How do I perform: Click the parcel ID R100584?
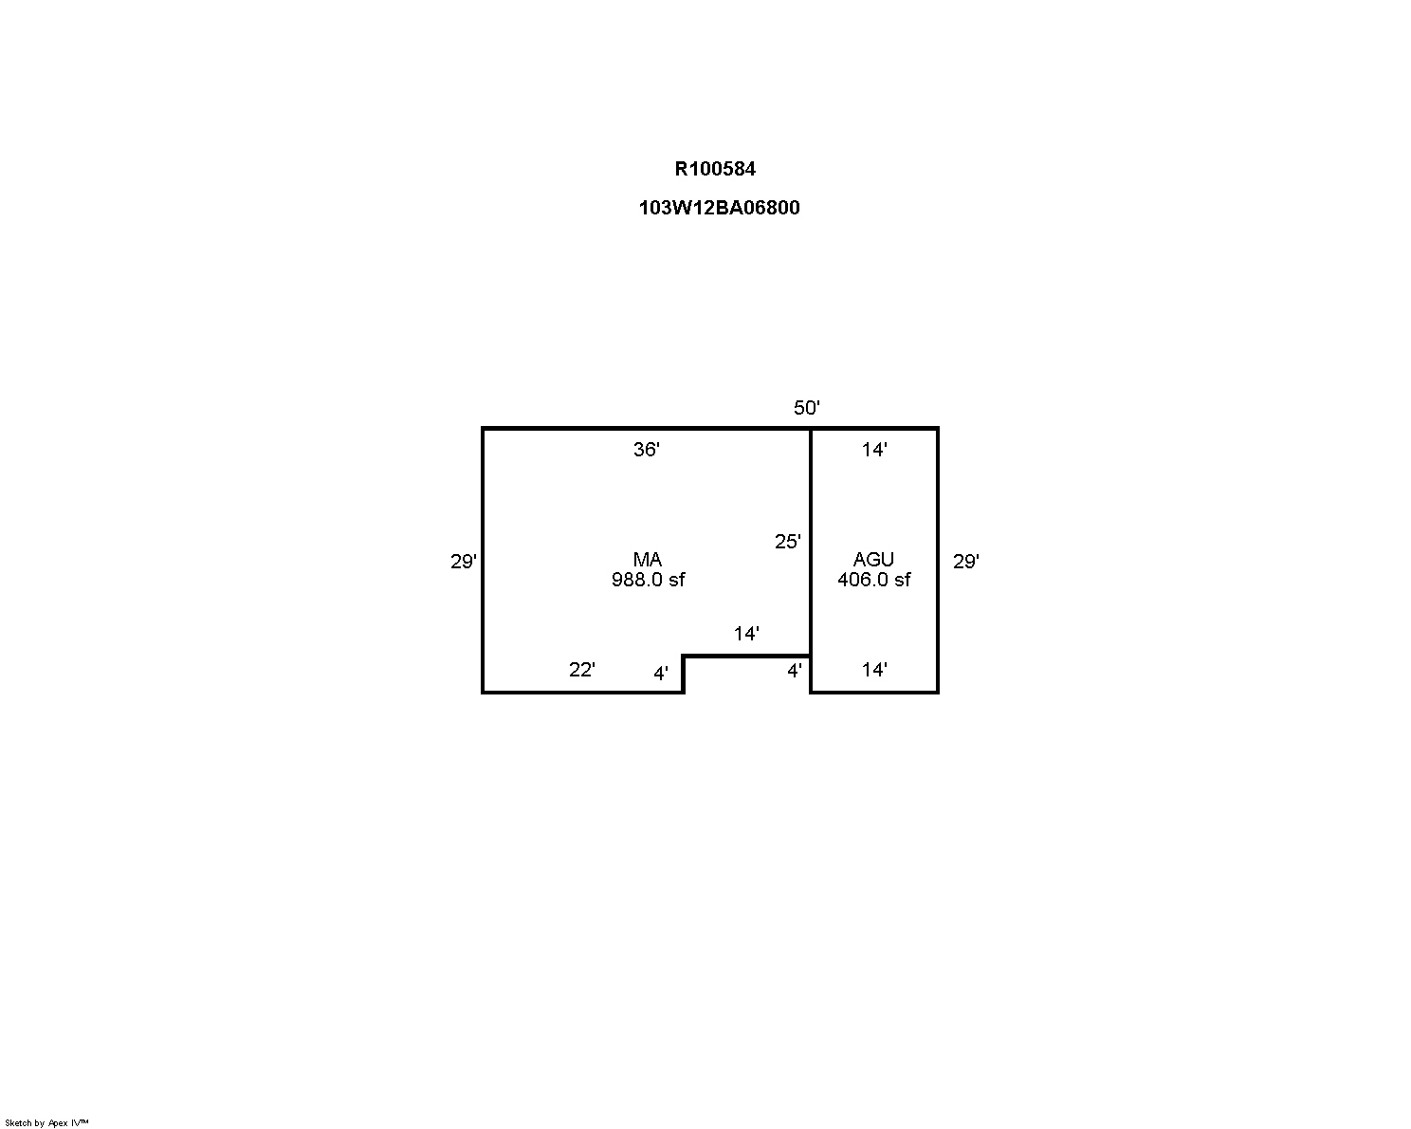pos(715,169)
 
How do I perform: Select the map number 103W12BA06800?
pos(719,208)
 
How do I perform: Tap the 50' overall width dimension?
pos(806,407)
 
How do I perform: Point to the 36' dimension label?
pos(646,450)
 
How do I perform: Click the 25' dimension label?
pos(787,541)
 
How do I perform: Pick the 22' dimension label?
pos(581,669)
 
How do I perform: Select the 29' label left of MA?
pos(463,561)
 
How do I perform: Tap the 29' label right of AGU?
pos(966,561)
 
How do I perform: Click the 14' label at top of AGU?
pos(874,450)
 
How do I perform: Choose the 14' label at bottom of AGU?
pos(874,669)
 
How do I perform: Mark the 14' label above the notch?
pos(746,633)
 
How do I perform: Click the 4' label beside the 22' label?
pos(661,673)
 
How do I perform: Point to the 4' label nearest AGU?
pos(794,671)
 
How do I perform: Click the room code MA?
pos(647,560)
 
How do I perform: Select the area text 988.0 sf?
pos(648,580)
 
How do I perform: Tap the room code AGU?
pos(873,560)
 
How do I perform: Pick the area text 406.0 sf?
pos(874,580)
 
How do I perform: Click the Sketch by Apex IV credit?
pos(46,1122)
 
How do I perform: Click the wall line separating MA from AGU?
pos(811,561)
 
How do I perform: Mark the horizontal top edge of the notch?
pos(747,656)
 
